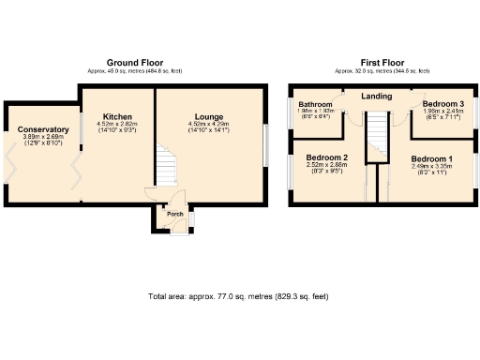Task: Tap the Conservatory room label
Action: pyautogui.click(x=43, y=129)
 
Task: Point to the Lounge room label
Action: pyautogui.click(x=209, y=117)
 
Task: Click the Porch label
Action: pyautogui.click(x=174, y=214)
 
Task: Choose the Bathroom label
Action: pyautogui.click(x=316, y=105)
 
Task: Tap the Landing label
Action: pyautogui.click(x=376, y=96)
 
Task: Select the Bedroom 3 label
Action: pyautogui.click(x=442, y=103)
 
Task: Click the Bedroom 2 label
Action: pyautogui.click(x=327, y=157)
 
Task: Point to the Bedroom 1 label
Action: pyautogui.click(x=431, y=159)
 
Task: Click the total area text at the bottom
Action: pyautogui.click(x=238, y=296)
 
